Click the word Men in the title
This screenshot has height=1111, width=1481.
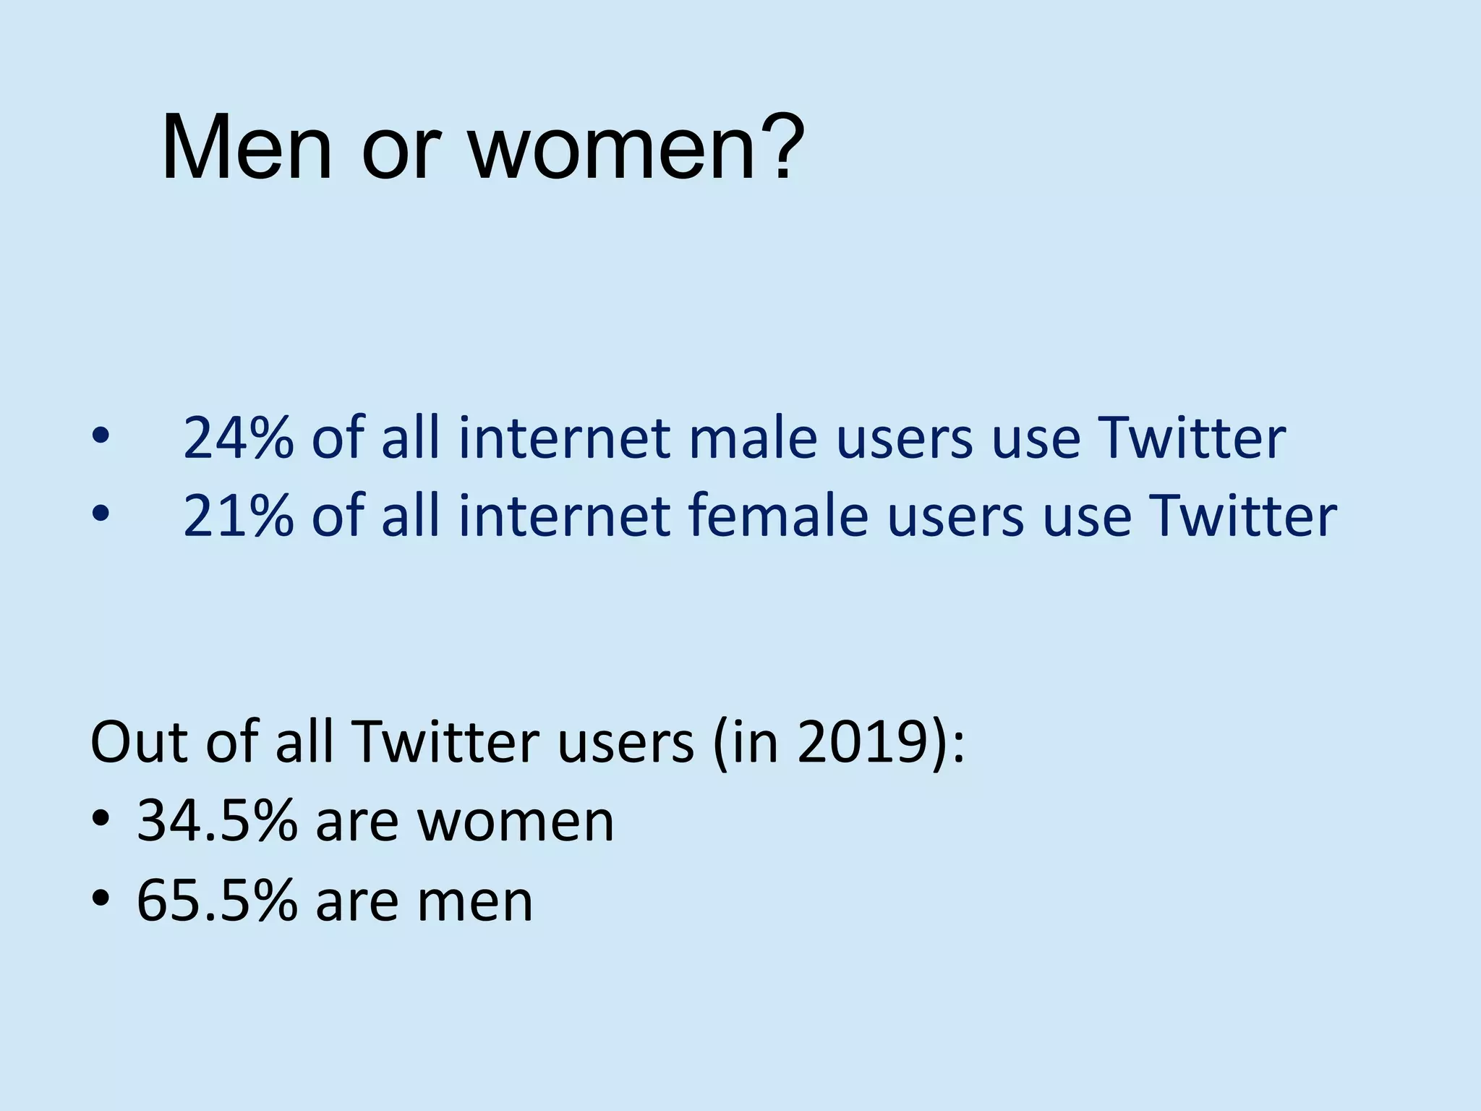(x=247, y=148)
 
